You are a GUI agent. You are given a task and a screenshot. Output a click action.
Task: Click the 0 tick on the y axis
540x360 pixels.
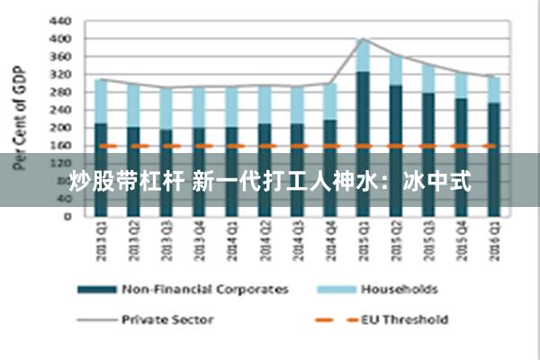[66, 217]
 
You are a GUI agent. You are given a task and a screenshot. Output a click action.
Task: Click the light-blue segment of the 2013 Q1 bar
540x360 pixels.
[101, 102]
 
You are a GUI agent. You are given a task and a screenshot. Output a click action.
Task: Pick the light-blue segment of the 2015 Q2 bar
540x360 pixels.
[394, 70]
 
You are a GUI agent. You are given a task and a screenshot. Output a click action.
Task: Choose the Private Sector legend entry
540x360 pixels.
[167, 319]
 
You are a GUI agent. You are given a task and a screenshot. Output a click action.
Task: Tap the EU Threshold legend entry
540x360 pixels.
[403, 319]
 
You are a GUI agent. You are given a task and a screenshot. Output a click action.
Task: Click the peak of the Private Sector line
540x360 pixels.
[362, 39]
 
